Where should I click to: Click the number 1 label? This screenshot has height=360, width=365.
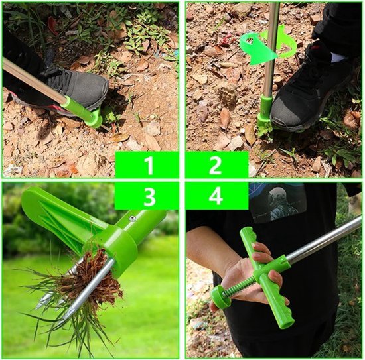pyautogui.click(x=149, y=166)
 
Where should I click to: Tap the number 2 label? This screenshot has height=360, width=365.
pyautogui.click(x=215, y=166)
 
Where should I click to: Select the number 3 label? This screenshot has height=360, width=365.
pyautogui.click(x=149, y=197)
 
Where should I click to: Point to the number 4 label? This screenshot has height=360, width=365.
pyautogui.click(x=216, y=197)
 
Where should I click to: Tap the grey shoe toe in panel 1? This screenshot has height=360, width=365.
pyautogui.click(x=93, y=88)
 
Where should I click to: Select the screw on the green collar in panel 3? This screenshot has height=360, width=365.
pyautogui.click(x=133, y=218)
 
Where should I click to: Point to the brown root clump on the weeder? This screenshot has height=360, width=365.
pyautogui.click(x=93, y=279)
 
